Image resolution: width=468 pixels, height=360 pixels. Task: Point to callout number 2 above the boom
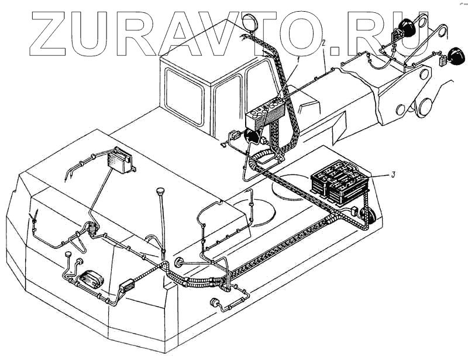coord(324,43)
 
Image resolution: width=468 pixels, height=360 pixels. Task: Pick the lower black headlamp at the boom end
coord(453,56)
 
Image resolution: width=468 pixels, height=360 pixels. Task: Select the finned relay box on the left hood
coord(121,159)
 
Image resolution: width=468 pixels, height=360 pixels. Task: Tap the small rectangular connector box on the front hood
coord(128,288)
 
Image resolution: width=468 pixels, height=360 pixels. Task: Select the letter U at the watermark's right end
coord(413,30)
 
